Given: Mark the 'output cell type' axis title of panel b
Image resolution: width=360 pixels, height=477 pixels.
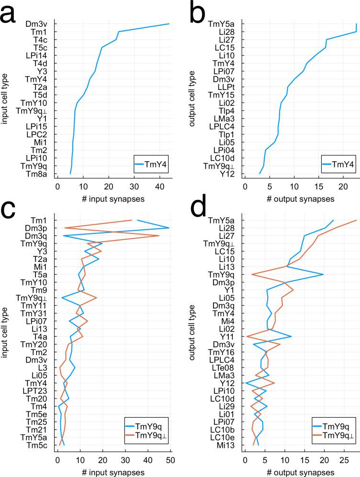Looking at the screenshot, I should (x=192, y=99).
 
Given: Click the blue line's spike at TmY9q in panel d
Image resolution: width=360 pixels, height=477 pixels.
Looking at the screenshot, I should (x=324, y=274).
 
